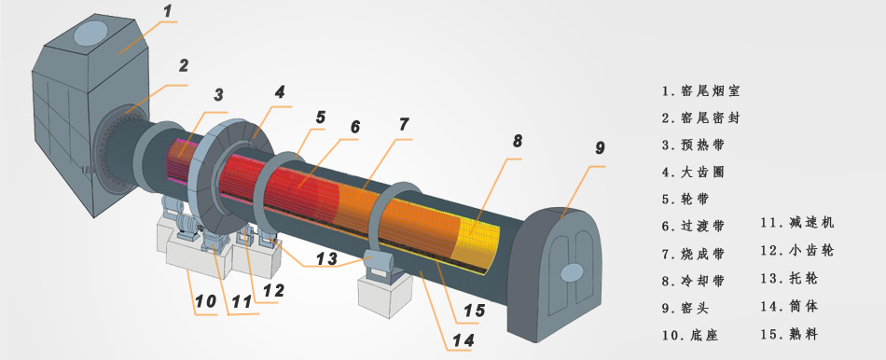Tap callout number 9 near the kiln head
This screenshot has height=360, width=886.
[600, 148]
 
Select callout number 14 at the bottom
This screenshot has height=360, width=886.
[463, 339]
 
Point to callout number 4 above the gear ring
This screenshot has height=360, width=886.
[281, 92]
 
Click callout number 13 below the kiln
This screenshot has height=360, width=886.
[326, 259]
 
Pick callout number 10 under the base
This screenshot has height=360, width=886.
[206, 301]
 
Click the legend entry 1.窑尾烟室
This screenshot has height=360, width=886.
[700, 90]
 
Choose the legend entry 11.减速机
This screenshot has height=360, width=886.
[796, 222]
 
